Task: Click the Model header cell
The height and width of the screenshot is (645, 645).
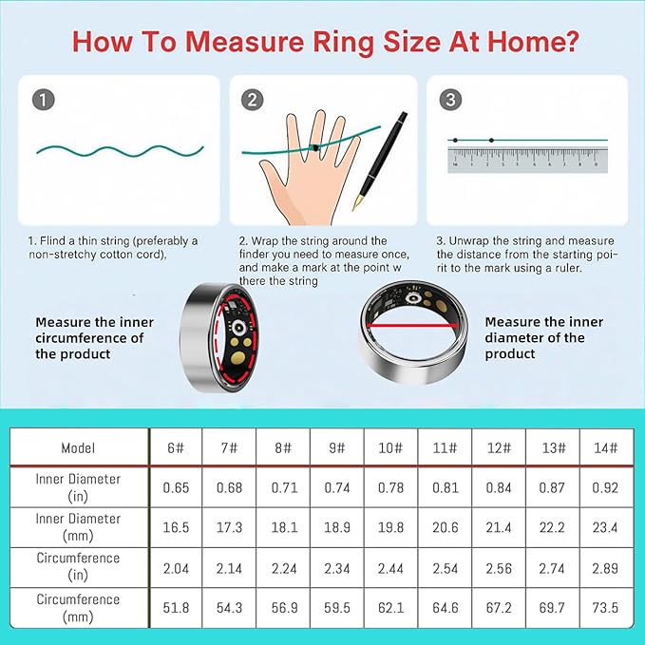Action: (x=78, y=447)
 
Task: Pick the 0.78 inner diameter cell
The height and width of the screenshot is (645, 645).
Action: (x=389, y=487)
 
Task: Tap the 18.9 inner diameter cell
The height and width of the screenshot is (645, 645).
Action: (x=336, y=527)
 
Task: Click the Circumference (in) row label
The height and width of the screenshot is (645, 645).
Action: (x=78, y=567)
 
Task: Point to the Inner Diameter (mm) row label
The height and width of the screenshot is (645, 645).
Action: (x=78, y=527)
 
